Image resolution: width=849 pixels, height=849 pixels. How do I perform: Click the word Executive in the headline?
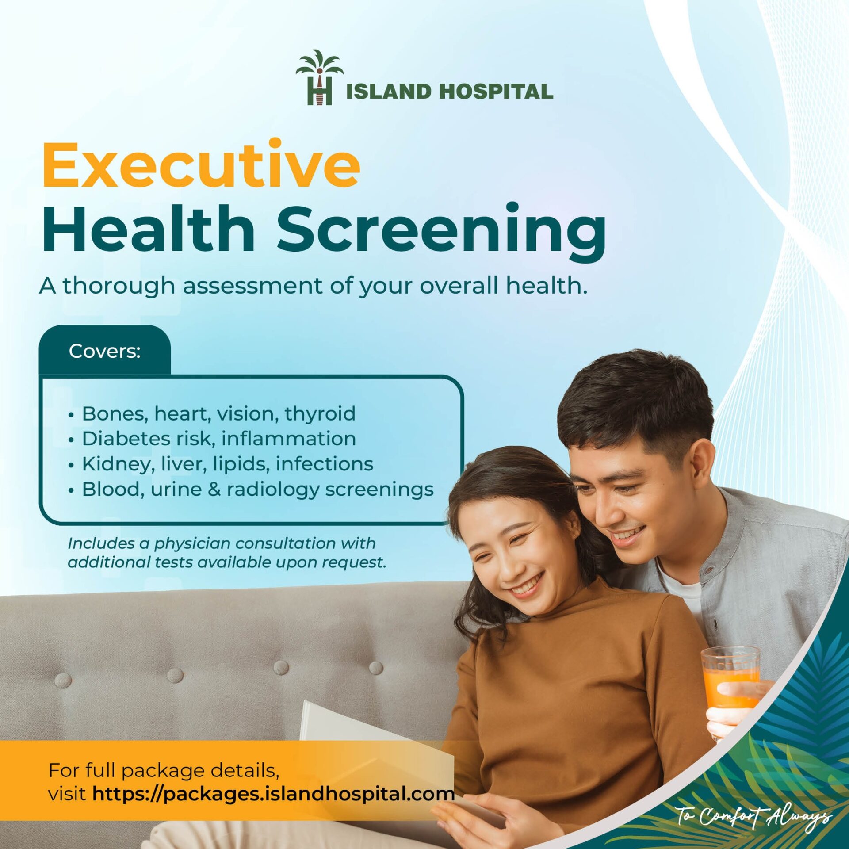201,166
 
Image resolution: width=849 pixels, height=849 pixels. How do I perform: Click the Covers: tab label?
105,351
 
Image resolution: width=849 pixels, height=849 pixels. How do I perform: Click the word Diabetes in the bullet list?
126,439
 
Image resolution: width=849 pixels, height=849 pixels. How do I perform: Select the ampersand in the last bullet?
214,490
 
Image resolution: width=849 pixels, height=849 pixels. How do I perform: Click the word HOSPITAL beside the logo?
496,92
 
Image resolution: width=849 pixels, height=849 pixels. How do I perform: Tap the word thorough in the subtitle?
119,286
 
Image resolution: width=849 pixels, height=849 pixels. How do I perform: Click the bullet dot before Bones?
71,416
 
